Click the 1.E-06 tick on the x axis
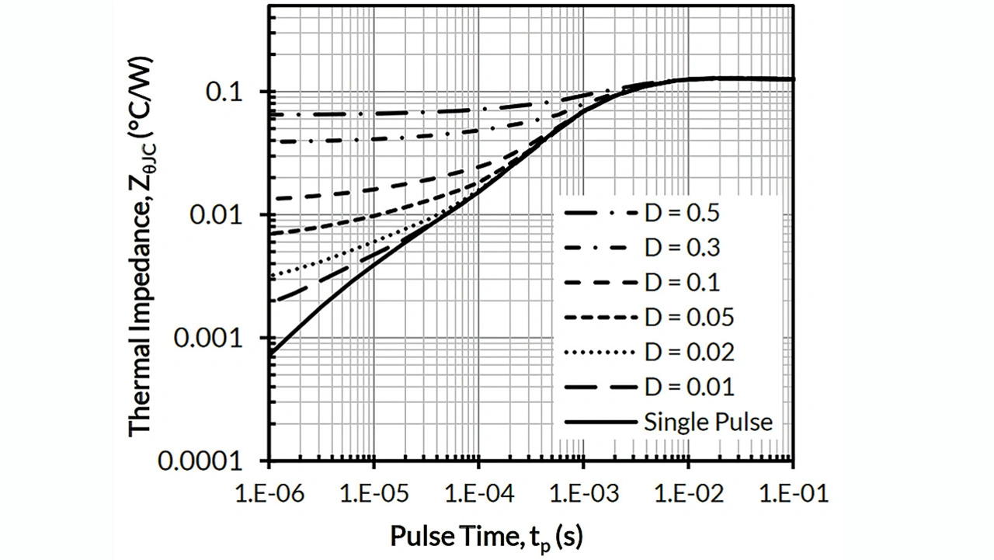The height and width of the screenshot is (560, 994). tap(269, 494)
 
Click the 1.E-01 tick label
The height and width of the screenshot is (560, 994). tap(793, 494)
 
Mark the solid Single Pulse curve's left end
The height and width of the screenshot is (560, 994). tap(269, 355)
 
